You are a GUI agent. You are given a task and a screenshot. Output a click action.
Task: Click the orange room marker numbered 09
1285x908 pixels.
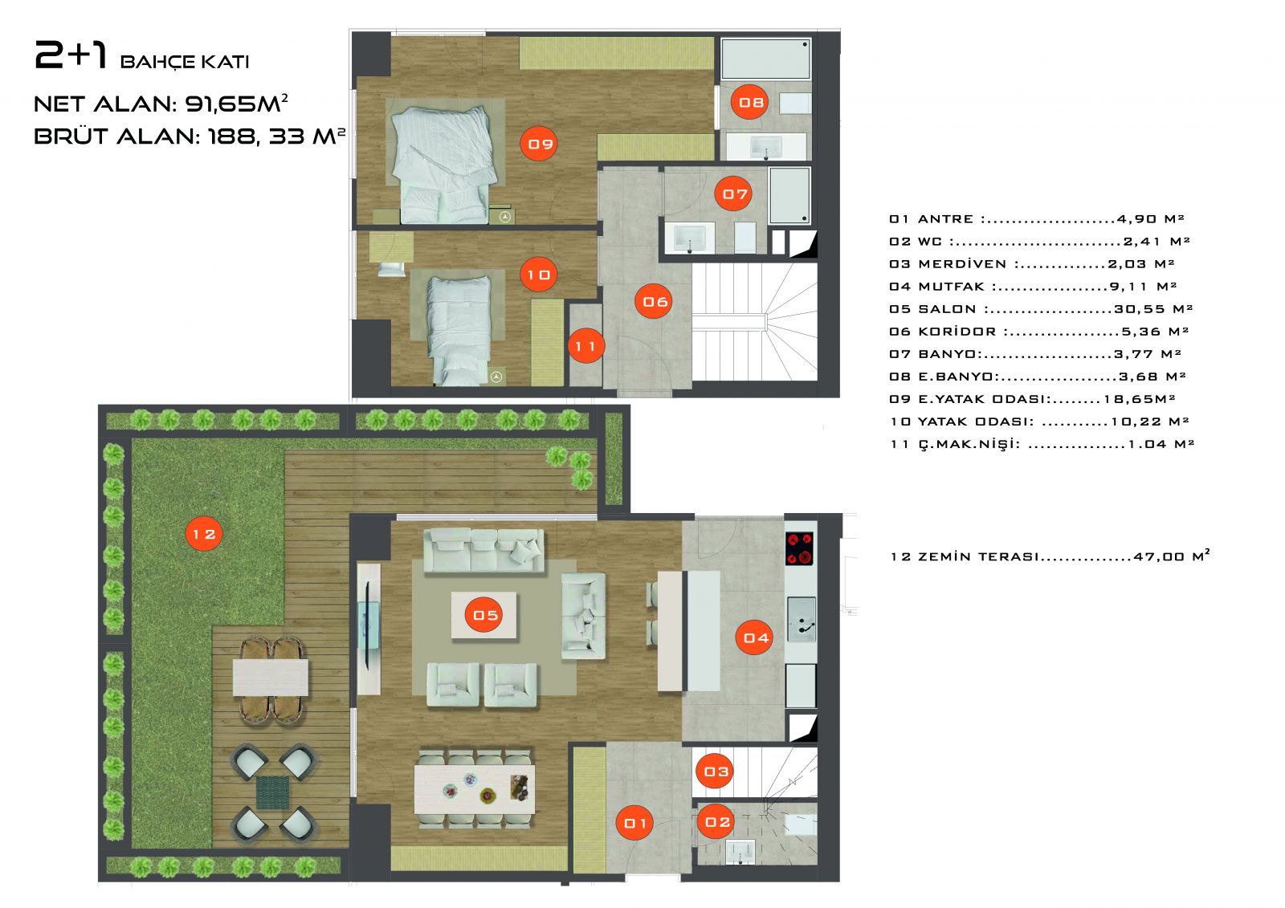[539, 144]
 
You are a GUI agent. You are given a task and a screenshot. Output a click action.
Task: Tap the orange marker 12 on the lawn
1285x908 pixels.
[204, 534]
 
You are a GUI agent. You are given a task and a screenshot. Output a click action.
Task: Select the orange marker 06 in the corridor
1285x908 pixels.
[654, 302]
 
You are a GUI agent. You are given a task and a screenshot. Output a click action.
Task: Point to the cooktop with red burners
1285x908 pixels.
[799, 548]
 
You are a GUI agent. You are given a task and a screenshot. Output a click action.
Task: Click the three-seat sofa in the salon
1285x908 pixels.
[483, 549]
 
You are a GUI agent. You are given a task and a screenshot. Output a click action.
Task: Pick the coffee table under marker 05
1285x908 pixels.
[484, 615]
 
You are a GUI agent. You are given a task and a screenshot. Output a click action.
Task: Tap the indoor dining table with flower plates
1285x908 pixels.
[475, 788]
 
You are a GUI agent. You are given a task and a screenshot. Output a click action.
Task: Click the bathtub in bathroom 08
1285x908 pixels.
[765, 59]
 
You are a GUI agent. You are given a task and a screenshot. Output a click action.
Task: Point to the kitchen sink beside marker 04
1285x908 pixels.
[801, 618]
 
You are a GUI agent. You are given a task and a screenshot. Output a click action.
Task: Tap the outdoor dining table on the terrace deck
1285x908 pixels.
[270, 678]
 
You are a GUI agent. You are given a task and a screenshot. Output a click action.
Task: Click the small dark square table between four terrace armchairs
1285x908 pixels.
[272, 792]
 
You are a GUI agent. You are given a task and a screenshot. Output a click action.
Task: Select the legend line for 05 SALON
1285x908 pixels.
[1041, 308]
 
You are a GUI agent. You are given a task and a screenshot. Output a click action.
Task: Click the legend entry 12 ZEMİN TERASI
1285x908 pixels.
[1050, 556]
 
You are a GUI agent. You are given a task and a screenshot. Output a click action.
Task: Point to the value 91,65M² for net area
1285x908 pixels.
[236, 104]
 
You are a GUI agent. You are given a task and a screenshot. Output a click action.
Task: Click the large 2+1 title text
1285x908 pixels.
[71, 55]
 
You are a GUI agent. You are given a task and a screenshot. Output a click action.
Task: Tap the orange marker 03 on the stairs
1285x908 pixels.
[716, 772]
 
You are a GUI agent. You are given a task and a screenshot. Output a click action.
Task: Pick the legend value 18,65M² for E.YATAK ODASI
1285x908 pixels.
[1140, 399]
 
